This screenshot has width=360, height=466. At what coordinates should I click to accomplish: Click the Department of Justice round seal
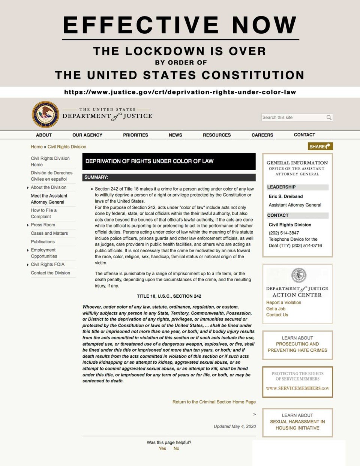[x=45, y=114]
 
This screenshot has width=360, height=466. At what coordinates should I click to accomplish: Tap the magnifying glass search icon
[x=329, y=117]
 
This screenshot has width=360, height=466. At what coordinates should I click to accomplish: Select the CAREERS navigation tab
[x=262, y=135]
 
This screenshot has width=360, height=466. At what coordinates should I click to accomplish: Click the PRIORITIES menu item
[x=135, y=135]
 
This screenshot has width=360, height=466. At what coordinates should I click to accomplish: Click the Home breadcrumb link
[x=37, y=147]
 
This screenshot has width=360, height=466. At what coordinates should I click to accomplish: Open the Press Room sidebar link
[x=43, y=225]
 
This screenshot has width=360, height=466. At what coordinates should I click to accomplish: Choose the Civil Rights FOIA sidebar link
[x=48, y=264]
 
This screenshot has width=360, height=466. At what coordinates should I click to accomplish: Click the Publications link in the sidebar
[x=43, y=242]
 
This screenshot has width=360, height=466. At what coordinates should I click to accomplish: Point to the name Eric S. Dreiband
[x=285, y=196]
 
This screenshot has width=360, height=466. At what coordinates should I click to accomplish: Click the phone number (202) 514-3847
[x=283, y=233]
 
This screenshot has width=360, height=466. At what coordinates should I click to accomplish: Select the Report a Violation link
[x=283, y=303]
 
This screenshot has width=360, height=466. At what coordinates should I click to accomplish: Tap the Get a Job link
[x=276, y=309]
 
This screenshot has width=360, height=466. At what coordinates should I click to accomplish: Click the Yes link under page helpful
[x=162, y=448]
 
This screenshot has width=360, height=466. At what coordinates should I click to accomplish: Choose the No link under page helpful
[x=176, y=448]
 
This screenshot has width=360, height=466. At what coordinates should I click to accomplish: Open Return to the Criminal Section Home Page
[x=214, y=402]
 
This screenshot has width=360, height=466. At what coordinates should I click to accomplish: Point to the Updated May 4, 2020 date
[x=235, y=426]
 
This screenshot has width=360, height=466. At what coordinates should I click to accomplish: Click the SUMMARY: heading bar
[x=96, y=177]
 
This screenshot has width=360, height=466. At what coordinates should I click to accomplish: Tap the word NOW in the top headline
[x=264, y=25]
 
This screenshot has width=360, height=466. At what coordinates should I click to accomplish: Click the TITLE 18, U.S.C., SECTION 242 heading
[x=169, y=296]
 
